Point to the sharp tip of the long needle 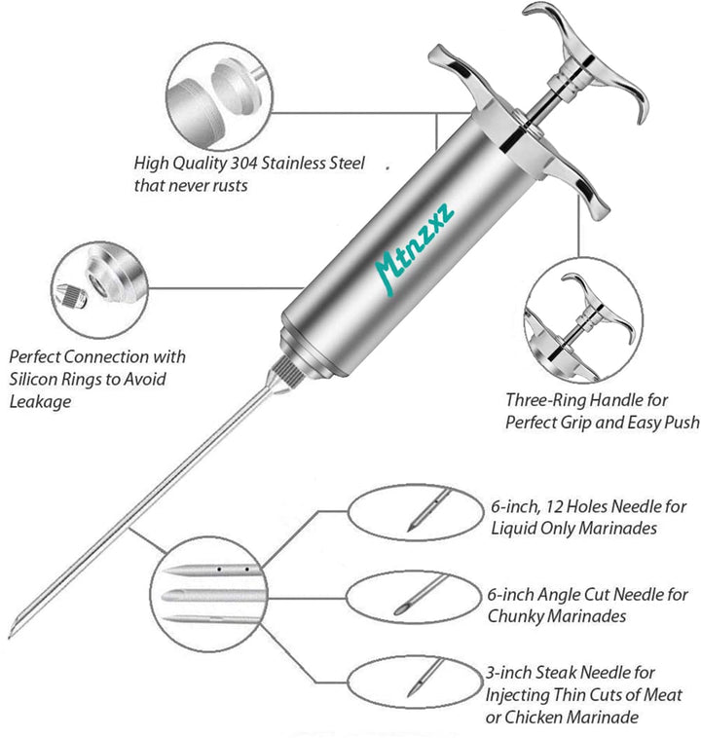tap(12, 629)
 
